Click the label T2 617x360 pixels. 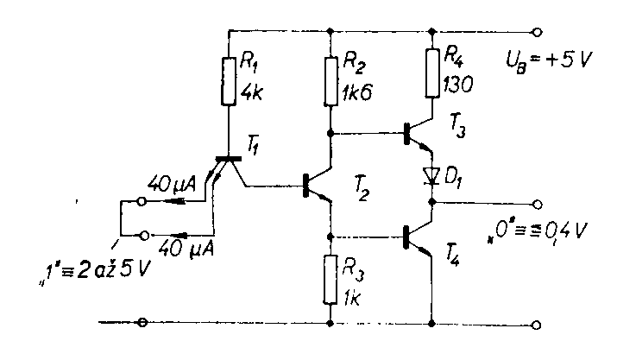(362, 196)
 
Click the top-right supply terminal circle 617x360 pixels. (538, 33)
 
